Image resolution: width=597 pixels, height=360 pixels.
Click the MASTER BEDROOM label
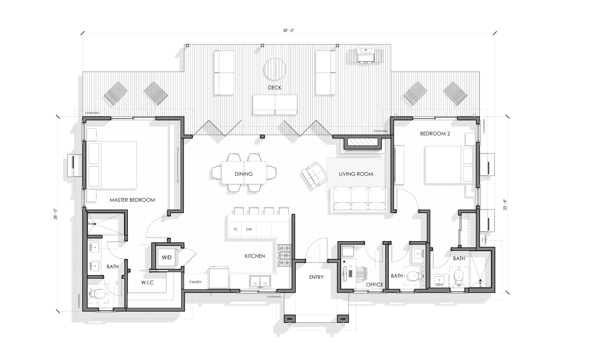(x=132, y=200)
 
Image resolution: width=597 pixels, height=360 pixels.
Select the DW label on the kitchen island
(x=249, y=230)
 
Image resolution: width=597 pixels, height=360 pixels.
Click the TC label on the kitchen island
(x=236, y=230)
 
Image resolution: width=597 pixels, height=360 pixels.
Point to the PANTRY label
(x=195, y=282)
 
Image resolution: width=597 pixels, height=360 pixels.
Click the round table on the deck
(x=275, y=69)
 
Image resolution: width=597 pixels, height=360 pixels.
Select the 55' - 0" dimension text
(x=289, y=31)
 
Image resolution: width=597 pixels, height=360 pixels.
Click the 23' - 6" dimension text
(x=505, y=204)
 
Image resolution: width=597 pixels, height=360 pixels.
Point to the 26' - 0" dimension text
(x=55, y=214)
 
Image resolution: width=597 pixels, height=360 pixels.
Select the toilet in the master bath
(x=97, y=294)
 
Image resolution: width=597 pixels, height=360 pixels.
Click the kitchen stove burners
(x=285, y=255)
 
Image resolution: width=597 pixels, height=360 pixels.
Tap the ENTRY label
(x=316, y=277)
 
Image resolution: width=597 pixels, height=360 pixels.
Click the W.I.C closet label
(x=147, y=283)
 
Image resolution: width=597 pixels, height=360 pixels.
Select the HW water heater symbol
(x=483, y=240)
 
